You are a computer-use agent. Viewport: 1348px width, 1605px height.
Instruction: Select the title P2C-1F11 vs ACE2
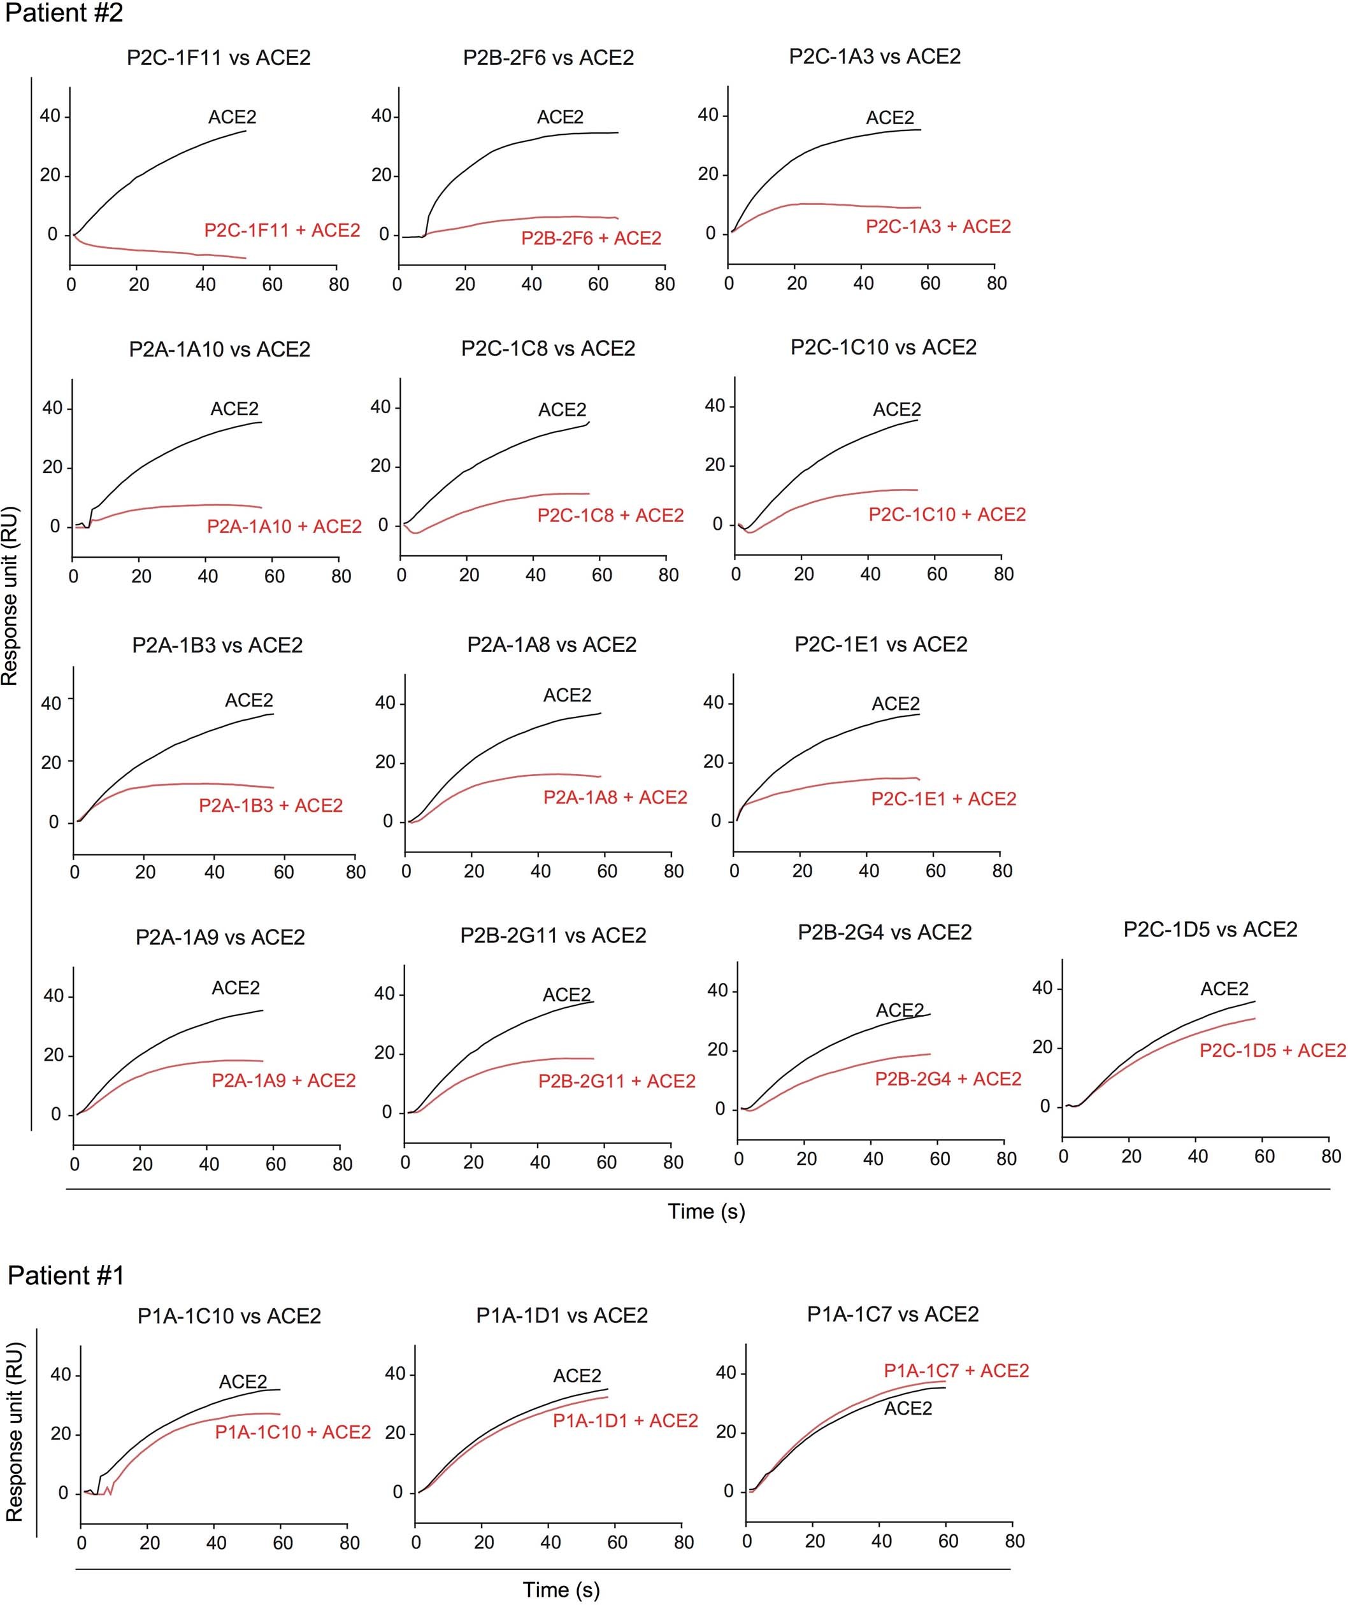(x=219, y=58)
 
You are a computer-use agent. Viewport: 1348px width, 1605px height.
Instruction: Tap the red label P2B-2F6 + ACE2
(x=591, y=239)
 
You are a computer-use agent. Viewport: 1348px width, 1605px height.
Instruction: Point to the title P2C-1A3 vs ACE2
(x=875, y=57)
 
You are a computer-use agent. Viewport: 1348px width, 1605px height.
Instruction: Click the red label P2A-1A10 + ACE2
(x=284, y=527)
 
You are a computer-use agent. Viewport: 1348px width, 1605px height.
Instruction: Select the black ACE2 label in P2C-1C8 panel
(x=562, y=411)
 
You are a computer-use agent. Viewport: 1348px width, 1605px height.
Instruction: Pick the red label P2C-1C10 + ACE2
(x=947, y=514)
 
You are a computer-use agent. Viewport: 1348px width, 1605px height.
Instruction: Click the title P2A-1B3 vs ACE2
(x=217, y=646)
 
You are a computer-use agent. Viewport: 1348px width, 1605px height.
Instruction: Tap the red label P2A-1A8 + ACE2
(x=615, y=798)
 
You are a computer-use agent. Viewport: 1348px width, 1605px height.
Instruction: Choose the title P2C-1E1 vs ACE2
(x=881, y=644)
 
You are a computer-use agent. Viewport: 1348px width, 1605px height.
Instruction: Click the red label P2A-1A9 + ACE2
(x=283, y=1080)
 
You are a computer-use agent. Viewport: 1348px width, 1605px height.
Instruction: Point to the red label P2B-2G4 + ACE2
(x=948, y=1079)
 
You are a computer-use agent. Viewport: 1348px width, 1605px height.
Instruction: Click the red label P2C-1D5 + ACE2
(x=1272, y=1051)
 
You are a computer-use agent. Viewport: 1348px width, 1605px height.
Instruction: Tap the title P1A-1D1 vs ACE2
(x=562, y=1316)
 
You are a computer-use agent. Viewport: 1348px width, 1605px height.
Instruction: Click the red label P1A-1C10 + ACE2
(x=293, y=1432)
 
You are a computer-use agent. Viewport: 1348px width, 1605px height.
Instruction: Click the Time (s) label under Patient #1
(x=561, y=1590)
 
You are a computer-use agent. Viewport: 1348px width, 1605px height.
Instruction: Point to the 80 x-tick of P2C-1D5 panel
(x=1330, y=1156)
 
